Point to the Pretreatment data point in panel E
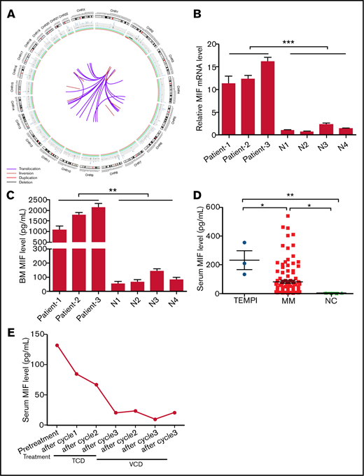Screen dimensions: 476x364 [x=57, y=345]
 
